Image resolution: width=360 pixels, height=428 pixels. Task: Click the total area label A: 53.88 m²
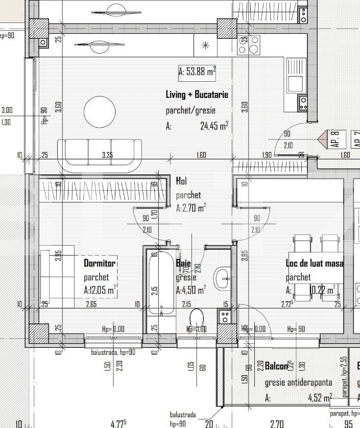point(197,72)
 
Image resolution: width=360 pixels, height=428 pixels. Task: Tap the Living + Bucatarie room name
point(197,94)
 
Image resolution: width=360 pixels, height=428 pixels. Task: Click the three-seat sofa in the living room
point(100,155)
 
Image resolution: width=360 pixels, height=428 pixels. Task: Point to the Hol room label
point(181,181)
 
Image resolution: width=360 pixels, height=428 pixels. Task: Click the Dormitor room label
point(100,263)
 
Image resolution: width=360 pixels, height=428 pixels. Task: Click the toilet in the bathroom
point(197,319)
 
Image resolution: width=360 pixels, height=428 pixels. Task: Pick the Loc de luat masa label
point(314,264)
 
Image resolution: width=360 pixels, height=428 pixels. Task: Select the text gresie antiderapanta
point(298,383)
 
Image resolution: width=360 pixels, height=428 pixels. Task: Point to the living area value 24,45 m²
point(214,126)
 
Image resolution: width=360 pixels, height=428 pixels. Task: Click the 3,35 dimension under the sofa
point(107,155)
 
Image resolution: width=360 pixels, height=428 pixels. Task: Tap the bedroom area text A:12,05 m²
point(100,290)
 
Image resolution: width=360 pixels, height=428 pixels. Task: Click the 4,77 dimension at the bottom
point(118,423)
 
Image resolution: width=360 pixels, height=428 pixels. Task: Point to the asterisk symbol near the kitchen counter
point(206,44)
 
